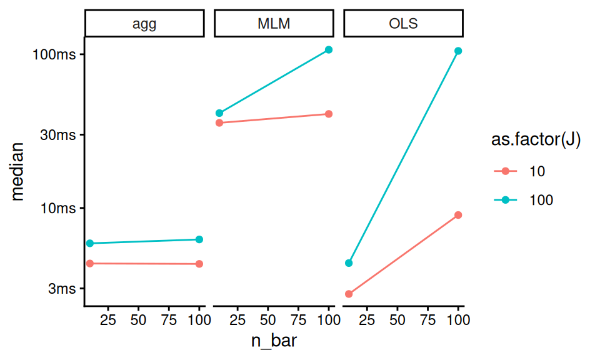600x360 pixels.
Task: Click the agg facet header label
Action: (x=144, y=24)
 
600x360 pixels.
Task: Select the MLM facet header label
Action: (x=274, y=24)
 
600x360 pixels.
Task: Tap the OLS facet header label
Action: (x=403, y=24)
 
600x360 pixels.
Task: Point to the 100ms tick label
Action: (x=54, y=55)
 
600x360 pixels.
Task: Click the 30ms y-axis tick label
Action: (x=58, y=135)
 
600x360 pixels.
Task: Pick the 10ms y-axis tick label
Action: (x=58, y=209)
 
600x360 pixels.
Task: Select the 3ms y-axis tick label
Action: (x=62, y=289)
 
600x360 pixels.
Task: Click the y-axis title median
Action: (x=17, y=172)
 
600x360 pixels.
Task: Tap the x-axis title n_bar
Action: (x=274, y=341)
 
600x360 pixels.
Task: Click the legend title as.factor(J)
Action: (x=536, y=139)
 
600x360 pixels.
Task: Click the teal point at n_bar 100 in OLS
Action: (x=458, y=51)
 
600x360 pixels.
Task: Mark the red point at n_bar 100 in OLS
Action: (x=458, y=215)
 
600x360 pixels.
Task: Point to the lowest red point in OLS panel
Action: (x=349, y=294)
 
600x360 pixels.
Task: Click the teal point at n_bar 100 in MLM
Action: (x=329, y=50)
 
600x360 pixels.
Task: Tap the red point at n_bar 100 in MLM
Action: (x=329, y=114)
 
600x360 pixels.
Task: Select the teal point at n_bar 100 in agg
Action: (x=199, y=239)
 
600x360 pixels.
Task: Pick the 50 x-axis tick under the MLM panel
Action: (x=268, y=320)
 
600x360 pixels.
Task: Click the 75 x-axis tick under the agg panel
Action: (x=169, y=320)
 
